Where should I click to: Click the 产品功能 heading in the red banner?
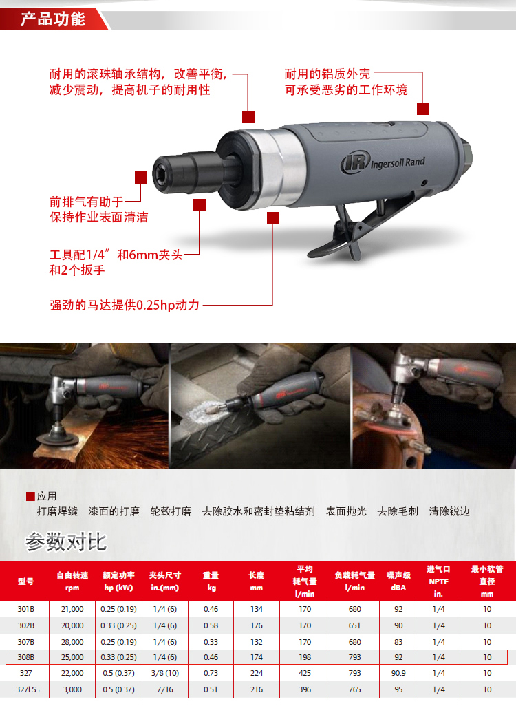[x=53, y=19]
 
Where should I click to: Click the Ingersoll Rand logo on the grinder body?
[x=383, y=162]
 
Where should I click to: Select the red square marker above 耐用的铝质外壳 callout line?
[x=423, y=109]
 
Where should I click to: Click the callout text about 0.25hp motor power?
[x=125, y=305]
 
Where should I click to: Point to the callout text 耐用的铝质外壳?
[x=327, y=74]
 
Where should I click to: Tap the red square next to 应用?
[x=31, y=497]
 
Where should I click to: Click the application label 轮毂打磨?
[x=171, y=511]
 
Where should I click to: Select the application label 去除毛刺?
[x=398, y=511]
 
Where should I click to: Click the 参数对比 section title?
[x=66, y=542]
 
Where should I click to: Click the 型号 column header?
[x=25, y=581]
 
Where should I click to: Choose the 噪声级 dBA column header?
[x=398, y=581]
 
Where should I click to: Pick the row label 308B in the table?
[x=25, y=657]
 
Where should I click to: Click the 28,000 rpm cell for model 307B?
[x=72, y=641]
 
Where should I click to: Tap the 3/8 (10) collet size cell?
[x=165, y=673]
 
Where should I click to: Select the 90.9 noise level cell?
[x=398, y=673]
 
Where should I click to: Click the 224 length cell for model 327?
[x=257, y=673]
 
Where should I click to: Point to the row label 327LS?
[x=26, y=689]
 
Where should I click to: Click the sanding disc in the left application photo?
[x=57, y=438]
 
